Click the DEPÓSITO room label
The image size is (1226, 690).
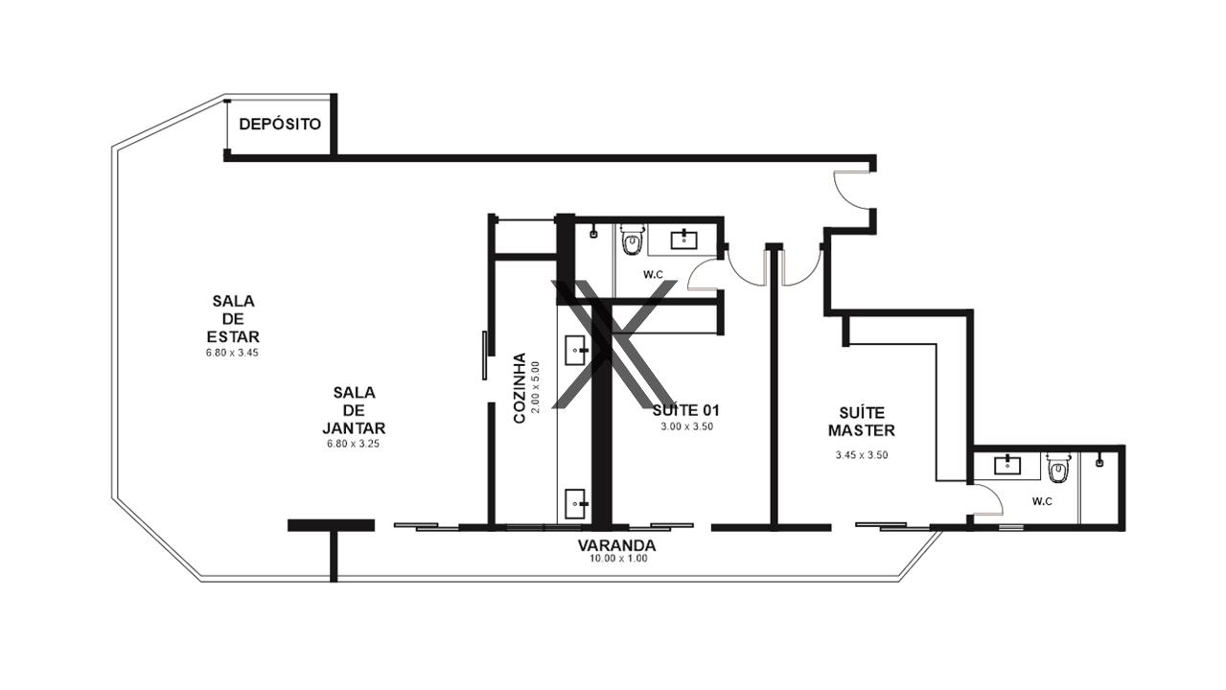[x=280, y=125]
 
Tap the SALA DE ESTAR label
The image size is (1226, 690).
[x=233, y=318]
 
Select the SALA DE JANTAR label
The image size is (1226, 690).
[x=354, y=410]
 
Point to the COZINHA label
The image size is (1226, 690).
[x=520, y=387]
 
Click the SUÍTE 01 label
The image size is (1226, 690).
[x=685, y=410]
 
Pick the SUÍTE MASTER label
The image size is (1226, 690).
[x=862, y=422]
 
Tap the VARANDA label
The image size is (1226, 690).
[x=616, y=545]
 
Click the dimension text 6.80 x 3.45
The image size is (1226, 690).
[x=232, y=353]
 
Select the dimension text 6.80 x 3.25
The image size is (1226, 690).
[x=353, y=444]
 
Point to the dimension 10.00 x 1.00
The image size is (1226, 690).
[x=618, y=559]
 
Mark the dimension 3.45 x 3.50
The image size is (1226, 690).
[x=862, y=455]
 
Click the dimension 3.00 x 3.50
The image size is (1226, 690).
[x=687, y=426]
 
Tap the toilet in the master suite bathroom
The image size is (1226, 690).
[x=1057, y=468]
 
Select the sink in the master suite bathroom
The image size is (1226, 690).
[x=1007, y=465]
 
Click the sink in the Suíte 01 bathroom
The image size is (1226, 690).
[x=684, y=240]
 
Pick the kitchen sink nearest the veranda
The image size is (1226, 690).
[x=576, y=504]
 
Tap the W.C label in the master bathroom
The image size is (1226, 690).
[x=1042, y=501]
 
